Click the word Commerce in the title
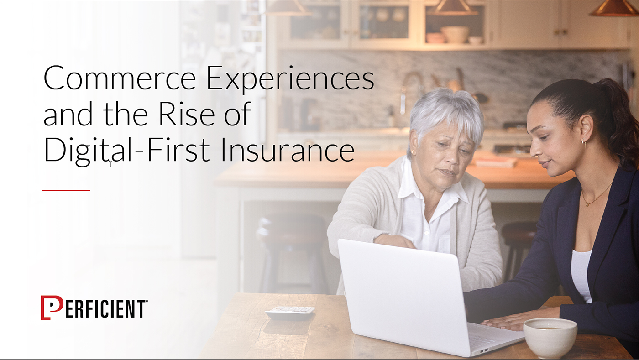tap(119, 78)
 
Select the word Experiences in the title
tap(290, 80)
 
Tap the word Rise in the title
tap(187, 114)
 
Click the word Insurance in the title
tap(288, 150)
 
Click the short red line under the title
tap(66, 190)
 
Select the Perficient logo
tap(94, 308)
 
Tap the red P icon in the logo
tap(51, 308)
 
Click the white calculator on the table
tap(290, 312)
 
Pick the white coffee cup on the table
tap(550, 338)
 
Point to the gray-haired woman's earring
tap(412, 152)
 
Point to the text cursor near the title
tap(110, 164)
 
